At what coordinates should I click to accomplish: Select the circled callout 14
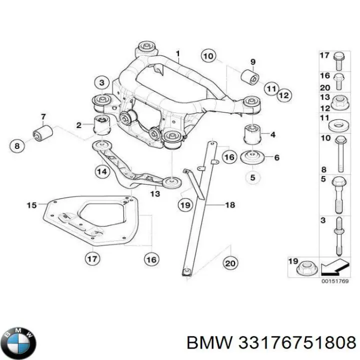(x=101, y=172)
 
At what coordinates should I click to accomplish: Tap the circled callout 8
(x=17, y=146)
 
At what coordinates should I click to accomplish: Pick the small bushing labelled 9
(x=250, y=77)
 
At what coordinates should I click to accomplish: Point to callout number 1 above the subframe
(x=176, y=53)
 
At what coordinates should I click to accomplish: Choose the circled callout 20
(x=229, y=263)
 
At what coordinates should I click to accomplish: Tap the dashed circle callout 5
(x=253, y=177)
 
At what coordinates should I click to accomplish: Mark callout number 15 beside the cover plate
(x=31, y=205)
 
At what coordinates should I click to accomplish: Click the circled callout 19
(x=185, y=204)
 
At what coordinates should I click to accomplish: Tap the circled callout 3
(x=101, y=82)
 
